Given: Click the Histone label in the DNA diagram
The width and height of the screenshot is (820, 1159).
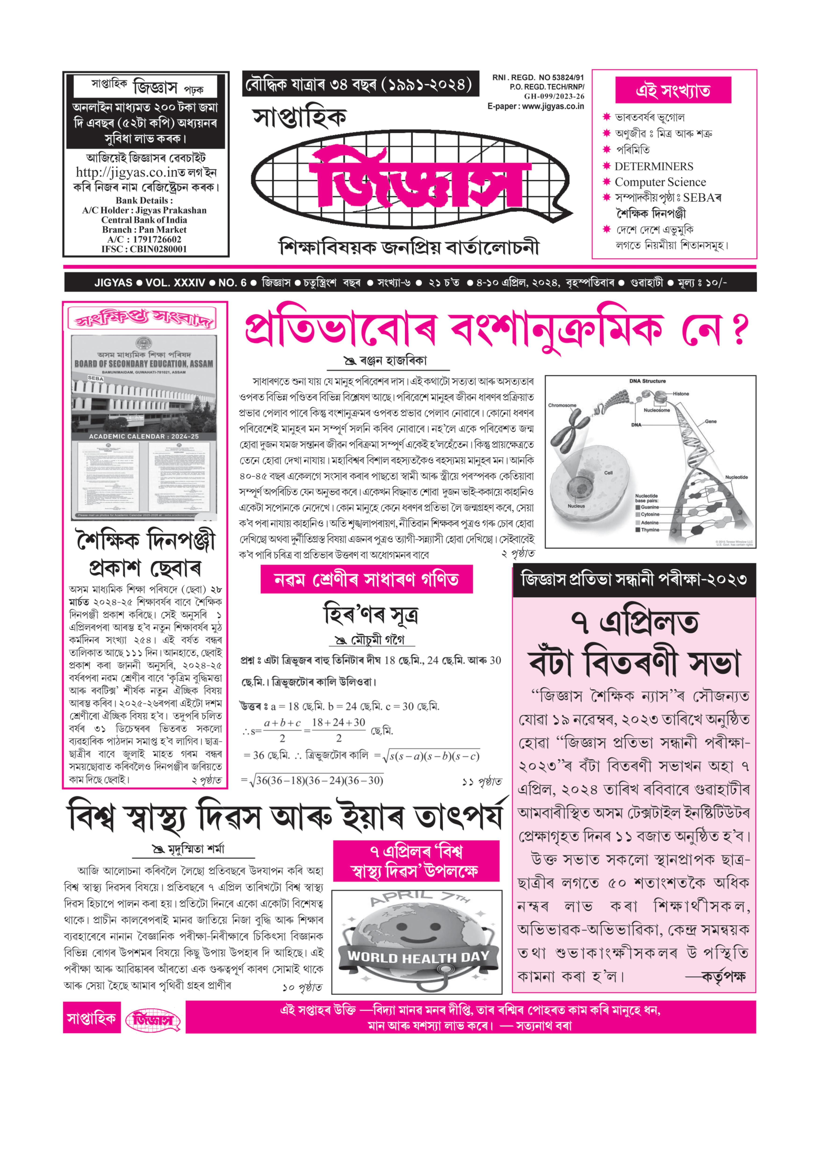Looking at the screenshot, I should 680,394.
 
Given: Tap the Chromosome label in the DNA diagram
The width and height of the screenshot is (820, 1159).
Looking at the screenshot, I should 562,405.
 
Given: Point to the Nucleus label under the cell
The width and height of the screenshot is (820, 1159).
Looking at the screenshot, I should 576,506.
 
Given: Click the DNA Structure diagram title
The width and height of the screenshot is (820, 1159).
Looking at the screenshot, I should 647,381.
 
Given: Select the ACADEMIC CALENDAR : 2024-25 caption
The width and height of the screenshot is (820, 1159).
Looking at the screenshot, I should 144,436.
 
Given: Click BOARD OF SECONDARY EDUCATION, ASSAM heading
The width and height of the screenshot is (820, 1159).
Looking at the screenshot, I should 144,364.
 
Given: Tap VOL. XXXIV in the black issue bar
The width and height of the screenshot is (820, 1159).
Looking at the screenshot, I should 175,283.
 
